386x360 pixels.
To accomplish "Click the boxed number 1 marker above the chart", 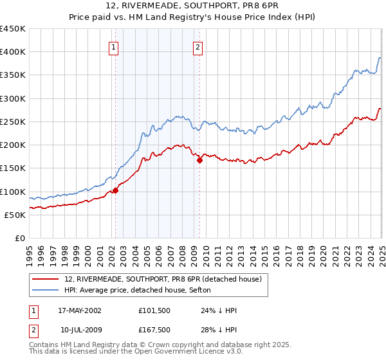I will coord(113,46).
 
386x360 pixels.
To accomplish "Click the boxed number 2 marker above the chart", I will coord(198,46).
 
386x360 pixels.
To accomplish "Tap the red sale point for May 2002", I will coord(116,190).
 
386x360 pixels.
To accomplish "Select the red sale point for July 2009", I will coord(199,161).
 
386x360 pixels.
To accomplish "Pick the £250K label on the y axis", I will coord(13,122).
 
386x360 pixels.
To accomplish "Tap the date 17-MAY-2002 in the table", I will coord(80,310).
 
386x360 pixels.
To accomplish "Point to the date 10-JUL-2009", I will coord(80,330).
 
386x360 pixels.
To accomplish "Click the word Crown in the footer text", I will coord(172,346).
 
